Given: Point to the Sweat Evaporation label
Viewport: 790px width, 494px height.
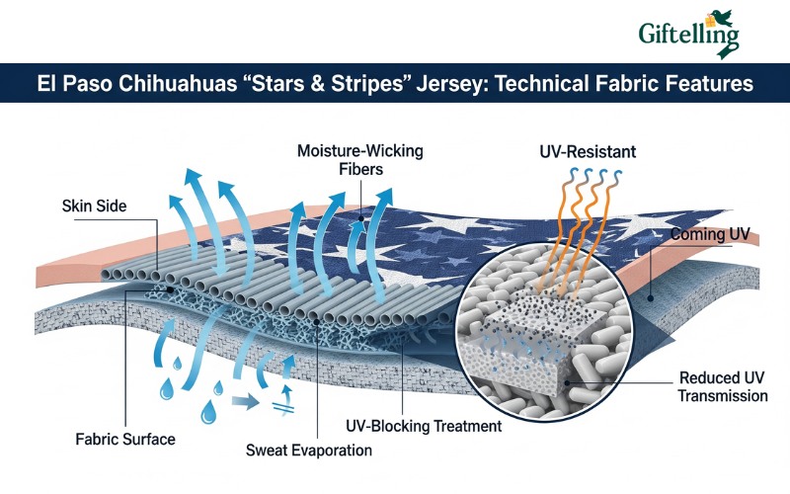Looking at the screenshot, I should point(309,451).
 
